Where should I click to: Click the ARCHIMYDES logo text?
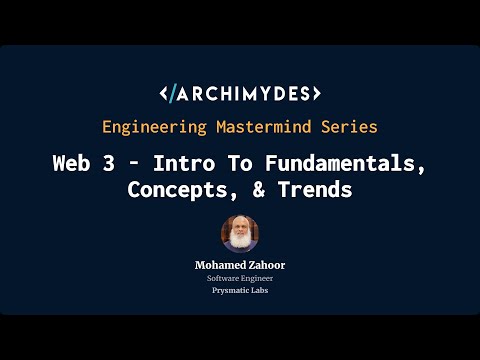click(246, 95)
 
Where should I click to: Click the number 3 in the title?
click(118, 164)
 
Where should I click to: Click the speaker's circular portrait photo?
click(240, 234)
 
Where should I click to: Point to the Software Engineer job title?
click(240, 278)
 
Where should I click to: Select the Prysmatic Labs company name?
click(240, 291)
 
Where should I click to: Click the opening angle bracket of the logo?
click(164, 95)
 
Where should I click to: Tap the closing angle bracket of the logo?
click(316, 95)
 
